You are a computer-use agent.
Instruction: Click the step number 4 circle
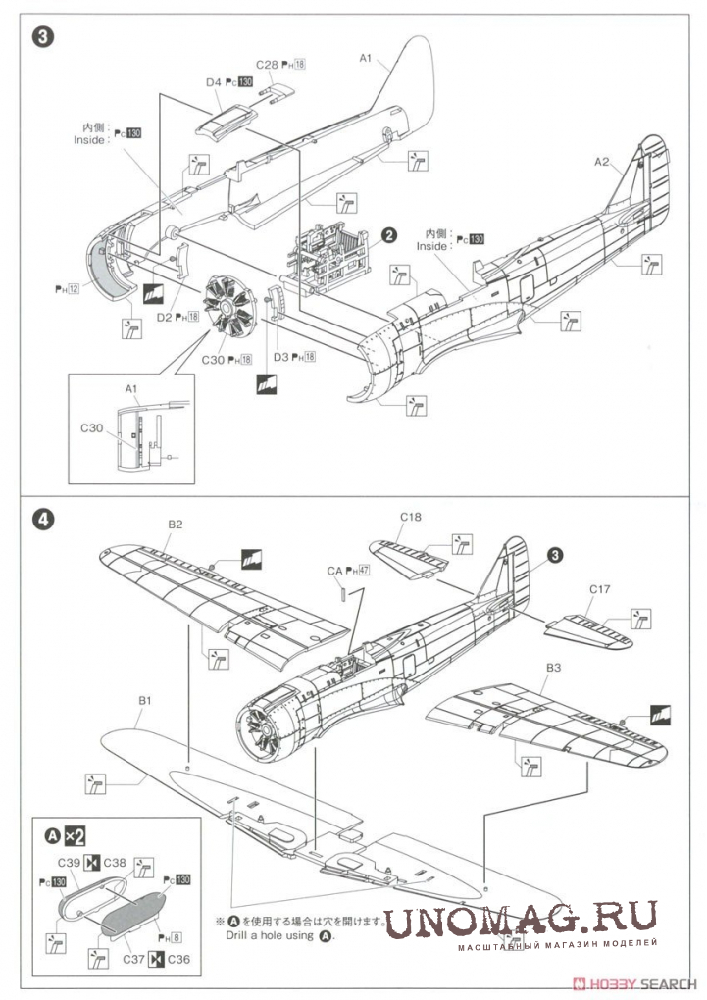click(x=41, y=520)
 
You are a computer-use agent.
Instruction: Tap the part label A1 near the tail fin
click(x=366, y=59)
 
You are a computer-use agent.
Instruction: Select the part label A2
click(x=601, y=162)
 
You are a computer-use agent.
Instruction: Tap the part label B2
click(x=175, y=525)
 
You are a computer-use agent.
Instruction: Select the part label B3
click(x=553, y=669)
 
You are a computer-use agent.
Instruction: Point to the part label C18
click(x=410, y=517)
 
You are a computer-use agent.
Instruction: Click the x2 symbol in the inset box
click(x=75, y=836)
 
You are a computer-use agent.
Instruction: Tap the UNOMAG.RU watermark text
click(x=520, y=922)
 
